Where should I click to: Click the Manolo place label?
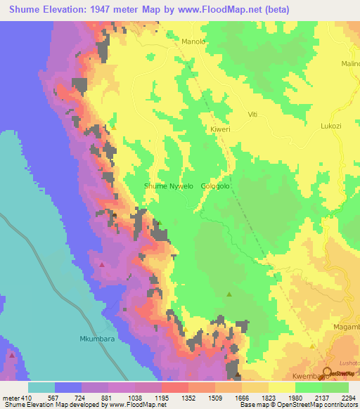click(x=193, y=41)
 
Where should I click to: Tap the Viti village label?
click(x=254, y=114)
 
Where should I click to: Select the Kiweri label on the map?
click(x=220, y=130)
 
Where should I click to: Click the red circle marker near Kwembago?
click(x=327, y=372)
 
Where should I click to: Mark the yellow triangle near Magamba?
click(x=312, y=346)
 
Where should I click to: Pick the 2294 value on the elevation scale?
click(x=347, y=398)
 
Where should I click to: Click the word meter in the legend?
click(x=11, y=398)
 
